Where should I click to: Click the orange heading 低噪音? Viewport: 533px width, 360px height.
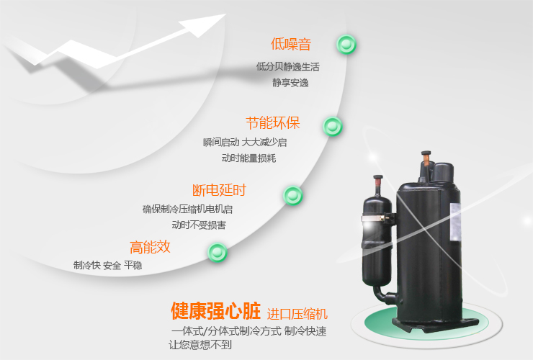click(x=291, y=44)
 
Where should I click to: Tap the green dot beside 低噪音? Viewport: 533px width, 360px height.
click(x=346, y=45)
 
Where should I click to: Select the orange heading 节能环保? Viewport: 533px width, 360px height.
click(x=272, y=123)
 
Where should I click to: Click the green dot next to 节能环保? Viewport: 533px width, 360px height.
click(x=333, y=127)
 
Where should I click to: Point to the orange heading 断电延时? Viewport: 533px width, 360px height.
click(x=219, y=190)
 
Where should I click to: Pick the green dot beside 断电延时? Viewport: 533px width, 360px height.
click(x=293, y=195)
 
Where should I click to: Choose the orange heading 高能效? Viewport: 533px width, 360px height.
click(x=150, y=247)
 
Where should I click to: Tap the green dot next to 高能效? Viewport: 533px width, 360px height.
click(x=218, y=252)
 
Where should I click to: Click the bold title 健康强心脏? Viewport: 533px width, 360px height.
click(x=215, y=311)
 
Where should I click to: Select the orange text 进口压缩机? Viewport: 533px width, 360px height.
click(x=297, y=314)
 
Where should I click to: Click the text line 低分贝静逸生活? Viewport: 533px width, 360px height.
click(x=288, y=67)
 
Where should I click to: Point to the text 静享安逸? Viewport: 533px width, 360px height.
click(x=290, y=83)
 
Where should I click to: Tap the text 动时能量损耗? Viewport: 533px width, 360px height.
click(x=248, y=158)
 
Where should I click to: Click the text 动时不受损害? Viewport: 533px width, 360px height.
click(x=199, y=225)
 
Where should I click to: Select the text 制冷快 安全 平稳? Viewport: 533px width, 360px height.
click(x=108, y=265)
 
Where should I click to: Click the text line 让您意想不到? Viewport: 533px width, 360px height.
click(x=200, y=345)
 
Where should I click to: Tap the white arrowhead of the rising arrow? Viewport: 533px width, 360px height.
click(x=203, y=25)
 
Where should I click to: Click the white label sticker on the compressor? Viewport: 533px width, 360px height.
click(x=455, y=222)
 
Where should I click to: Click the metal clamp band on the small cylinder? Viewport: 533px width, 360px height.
click(x=375, y=218)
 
